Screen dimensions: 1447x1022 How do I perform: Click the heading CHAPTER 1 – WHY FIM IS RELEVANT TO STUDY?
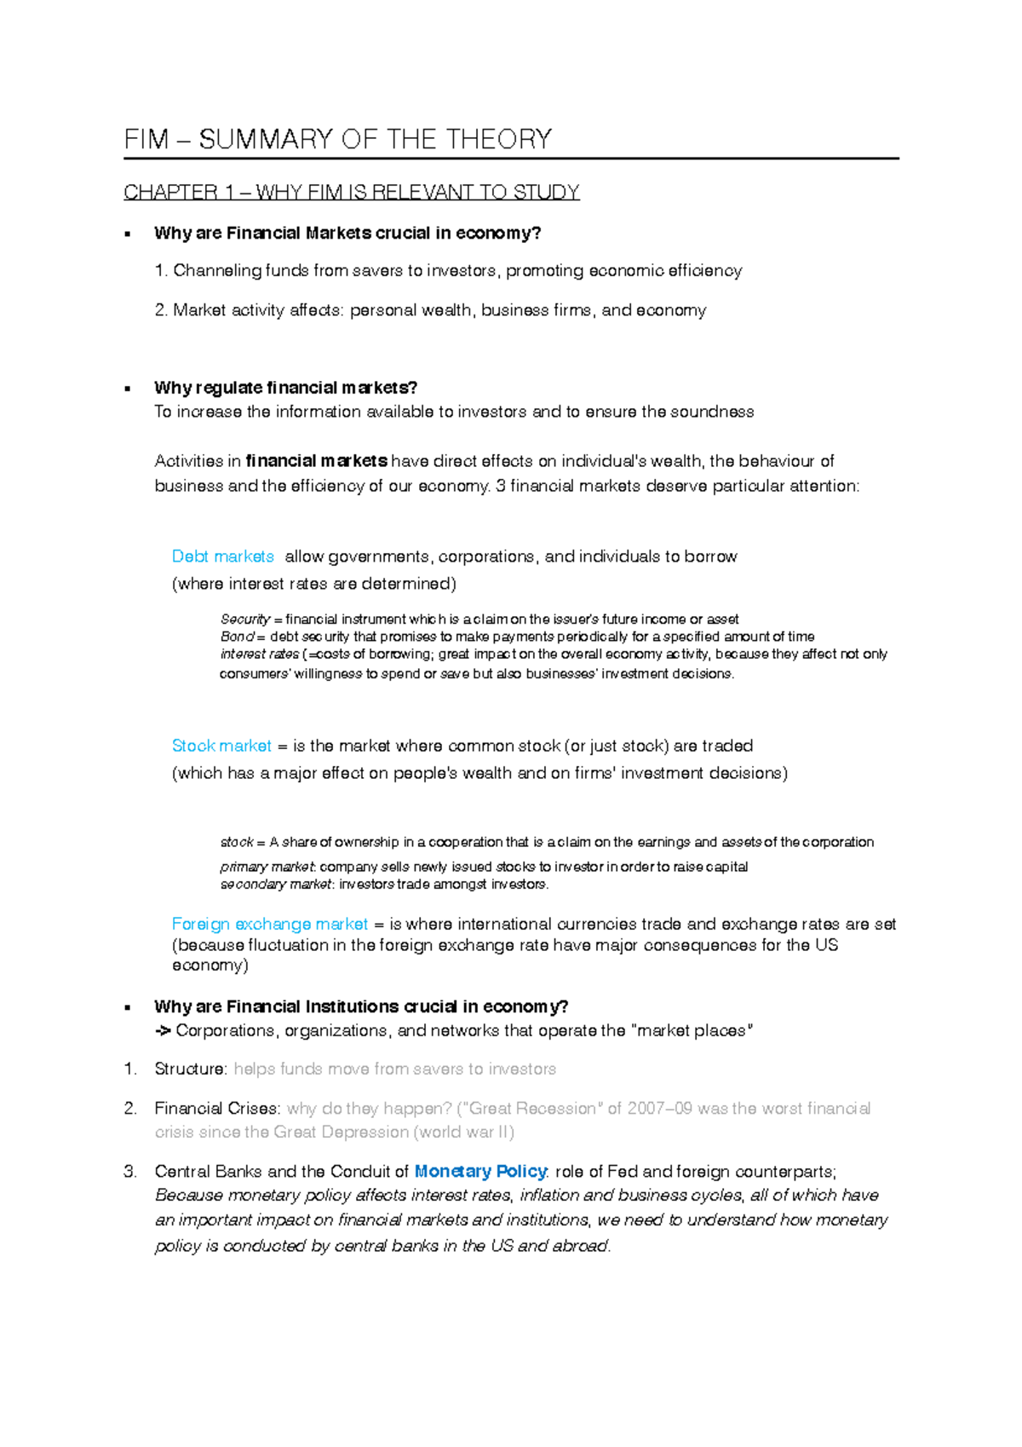(351, 193)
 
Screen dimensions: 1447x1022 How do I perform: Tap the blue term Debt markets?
(223, 557)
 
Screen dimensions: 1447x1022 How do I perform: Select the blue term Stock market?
(221, 747)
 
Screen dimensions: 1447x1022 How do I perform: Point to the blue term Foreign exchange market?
(270, 925)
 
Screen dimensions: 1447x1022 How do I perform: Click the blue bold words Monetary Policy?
(479, 1172)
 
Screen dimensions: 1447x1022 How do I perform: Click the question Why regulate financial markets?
(285, 388)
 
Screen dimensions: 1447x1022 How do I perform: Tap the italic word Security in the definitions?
(244, 620)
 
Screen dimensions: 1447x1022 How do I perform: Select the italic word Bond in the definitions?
(237, 637)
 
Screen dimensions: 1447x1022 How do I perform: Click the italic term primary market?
(267, 868)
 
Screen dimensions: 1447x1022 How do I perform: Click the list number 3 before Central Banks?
(129, 1172)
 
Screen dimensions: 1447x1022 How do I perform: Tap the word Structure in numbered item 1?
(190, 1069)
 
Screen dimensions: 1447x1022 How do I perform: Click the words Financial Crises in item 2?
(216, 1109)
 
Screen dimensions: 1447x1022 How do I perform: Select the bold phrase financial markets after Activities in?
(317, 461)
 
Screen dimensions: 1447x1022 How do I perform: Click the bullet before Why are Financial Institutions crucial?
(128, 1007)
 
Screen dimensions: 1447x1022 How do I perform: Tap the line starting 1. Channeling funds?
(448, 271)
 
